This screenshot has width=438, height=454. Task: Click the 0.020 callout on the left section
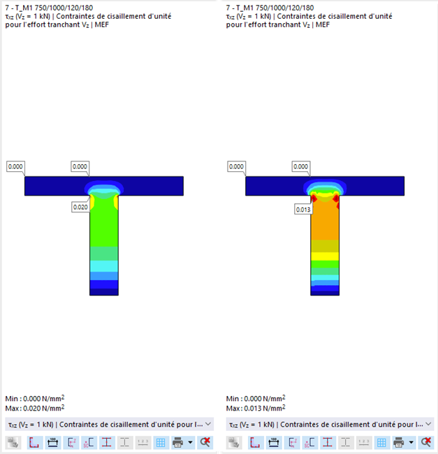coord(81,207)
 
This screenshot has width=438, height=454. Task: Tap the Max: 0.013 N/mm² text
coord(256,407)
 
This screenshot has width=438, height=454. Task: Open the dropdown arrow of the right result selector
coord(429,424)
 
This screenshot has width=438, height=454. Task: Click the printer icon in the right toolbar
coord(398,442)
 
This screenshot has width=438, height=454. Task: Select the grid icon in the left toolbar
coord(161,442)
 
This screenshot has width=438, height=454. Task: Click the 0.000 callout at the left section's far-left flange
coord(16,167)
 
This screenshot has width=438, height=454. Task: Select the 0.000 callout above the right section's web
coord(301,167)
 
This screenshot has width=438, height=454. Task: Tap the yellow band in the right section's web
coord(325,256)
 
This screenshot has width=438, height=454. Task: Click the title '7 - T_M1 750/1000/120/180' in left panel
coord(49,8)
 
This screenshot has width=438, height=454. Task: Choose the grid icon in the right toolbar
coord(381,442)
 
